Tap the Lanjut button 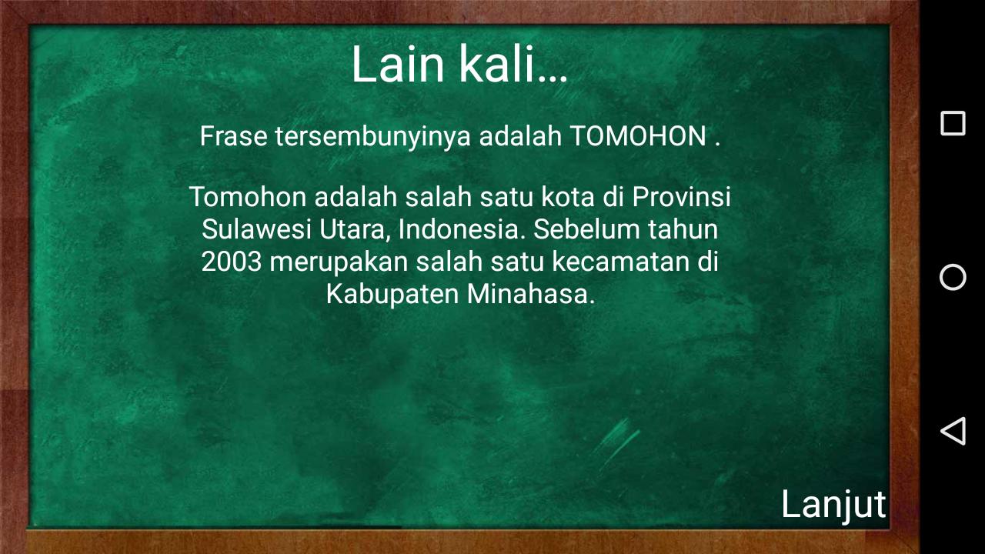point(833,506)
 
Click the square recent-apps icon point(953,124)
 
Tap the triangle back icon point(953,431)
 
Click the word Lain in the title point(398,64)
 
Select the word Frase point(233,136)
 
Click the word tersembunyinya point(373,137)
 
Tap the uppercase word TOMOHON point(639,136)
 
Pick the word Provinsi point(682,196)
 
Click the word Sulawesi point(256,229)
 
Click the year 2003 point(232,262)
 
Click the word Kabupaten point(392,295)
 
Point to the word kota point(568,196)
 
